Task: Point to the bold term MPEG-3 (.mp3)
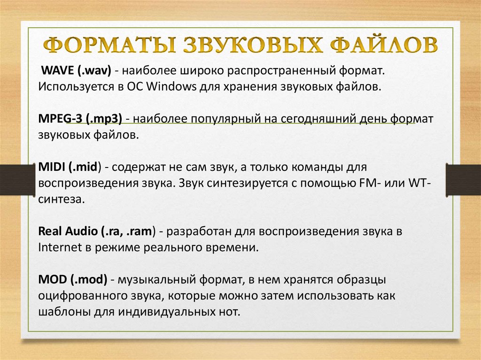80,119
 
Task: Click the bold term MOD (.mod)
73,280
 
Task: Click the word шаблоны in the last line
62,311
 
